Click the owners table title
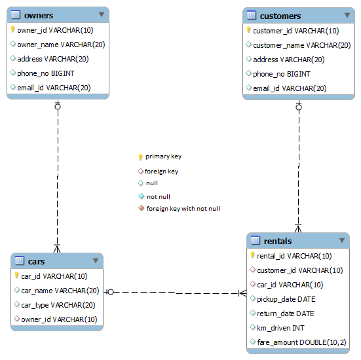coord(39,16)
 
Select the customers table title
coord(280,16)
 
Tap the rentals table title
coord(278,241)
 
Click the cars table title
coord(37,262)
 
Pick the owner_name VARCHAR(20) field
coord(61,45)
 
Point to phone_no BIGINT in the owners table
coord(46,73)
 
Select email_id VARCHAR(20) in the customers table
coord(290,88)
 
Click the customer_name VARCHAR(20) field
coord(301,45)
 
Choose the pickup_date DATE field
coord(286,299)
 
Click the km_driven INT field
coord(280,328)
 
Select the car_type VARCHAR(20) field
coord(58,305)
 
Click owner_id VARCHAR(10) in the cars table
coord(59,319)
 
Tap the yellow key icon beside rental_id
coord(252,255)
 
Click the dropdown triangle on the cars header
coord(96,261)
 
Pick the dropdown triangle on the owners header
coord(102,14)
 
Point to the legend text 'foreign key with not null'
coord(183,209)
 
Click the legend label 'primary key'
coord(163,156)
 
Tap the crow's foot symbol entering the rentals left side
coord(242,293)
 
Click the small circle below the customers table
coord(299,107)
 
